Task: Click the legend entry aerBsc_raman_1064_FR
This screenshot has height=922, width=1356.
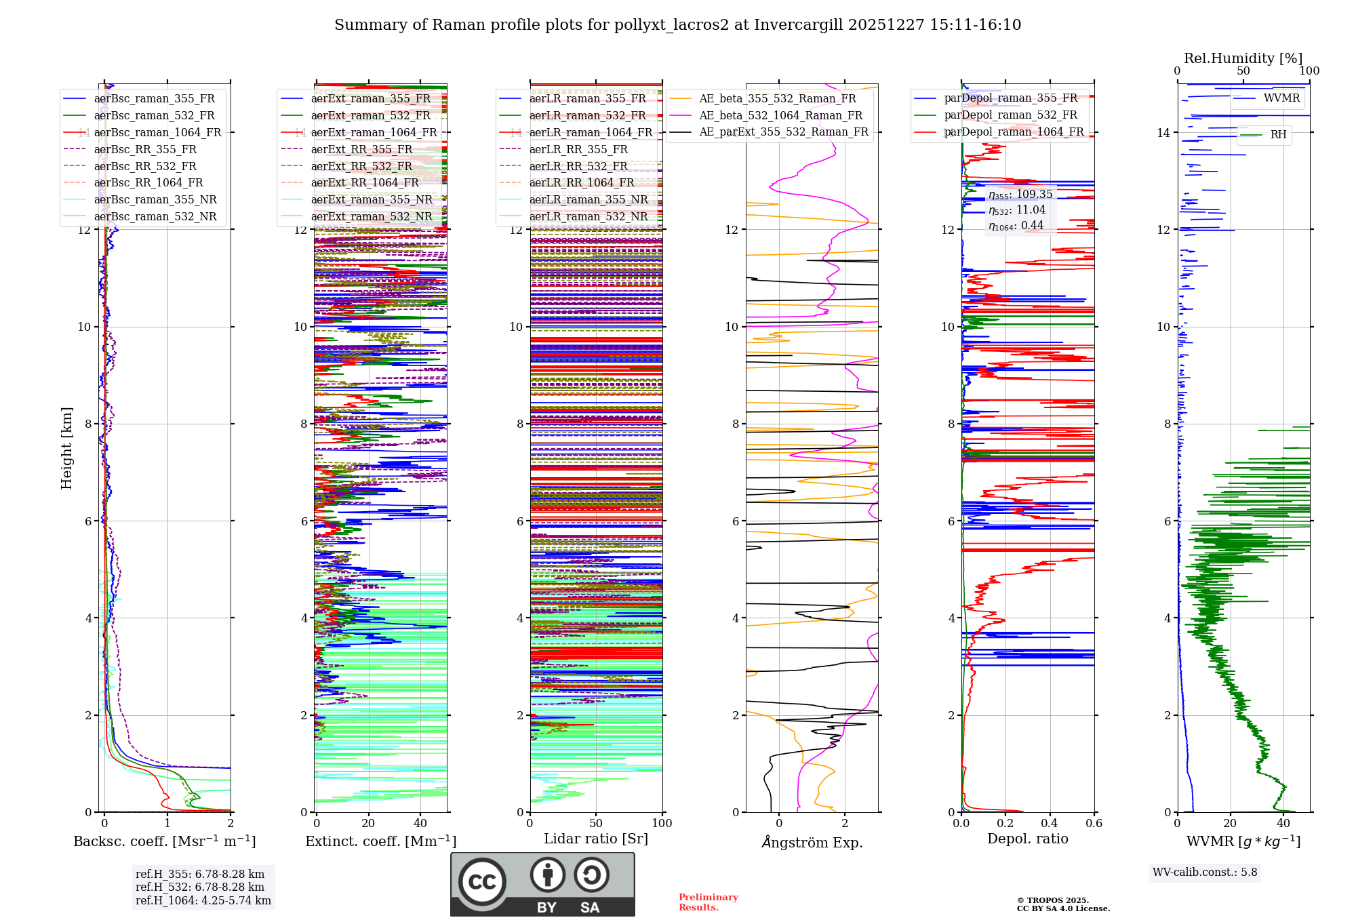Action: pyautogui.click(x=157, y=132)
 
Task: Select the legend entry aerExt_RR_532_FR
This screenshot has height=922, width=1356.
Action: pyautogui.click(x=361, y=166)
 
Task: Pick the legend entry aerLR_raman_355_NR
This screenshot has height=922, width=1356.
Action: pyautogui.click(x=588, y=199)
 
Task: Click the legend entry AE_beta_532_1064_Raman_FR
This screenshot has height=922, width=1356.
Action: pyautogui.click(x=780, y=115)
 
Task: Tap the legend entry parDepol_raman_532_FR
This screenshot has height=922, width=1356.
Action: pyautogui.click(x=1010, y=115)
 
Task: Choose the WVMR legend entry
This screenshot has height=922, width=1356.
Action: pyautogui.click(x=1281, y=98)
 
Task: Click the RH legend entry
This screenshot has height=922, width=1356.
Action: pyautogui.click(x=1278, y=135)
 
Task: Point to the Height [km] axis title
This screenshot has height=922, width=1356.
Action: pyautogui.click(x=66, y=447)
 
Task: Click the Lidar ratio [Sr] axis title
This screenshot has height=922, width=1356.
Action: pyautogui.click(x=596, y=839)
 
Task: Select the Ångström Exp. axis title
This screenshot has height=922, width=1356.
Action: pyautogui.click(x=812, y=842)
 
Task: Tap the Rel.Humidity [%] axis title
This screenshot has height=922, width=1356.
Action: pyautogui.click(x=1243, y=58)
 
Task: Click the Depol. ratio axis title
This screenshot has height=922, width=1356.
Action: pyautogui.click(x=1027, y=839)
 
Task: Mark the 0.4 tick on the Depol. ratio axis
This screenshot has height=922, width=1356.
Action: pyautogui.click(x=1050, y=823)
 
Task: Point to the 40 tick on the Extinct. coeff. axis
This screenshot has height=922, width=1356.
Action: pyautogui.click(x=420, y=823)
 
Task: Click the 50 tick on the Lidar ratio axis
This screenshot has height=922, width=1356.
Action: pyautogui.click(x=596, y=823)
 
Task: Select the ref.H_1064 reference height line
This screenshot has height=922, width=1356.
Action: pyautogui.click(x=203, y=900)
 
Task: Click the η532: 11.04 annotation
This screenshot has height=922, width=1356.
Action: pyautogui.click(x=1017, y=210)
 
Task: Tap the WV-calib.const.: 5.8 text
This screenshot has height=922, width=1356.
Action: pyautogui.click(x=1205, y=872)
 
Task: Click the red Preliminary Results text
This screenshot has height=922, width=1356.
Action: pyautogui.click(x=708, y=902)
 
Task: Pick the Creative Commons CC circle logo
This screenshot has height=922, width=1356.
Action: pyautogui.click(x=482, y=881)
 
